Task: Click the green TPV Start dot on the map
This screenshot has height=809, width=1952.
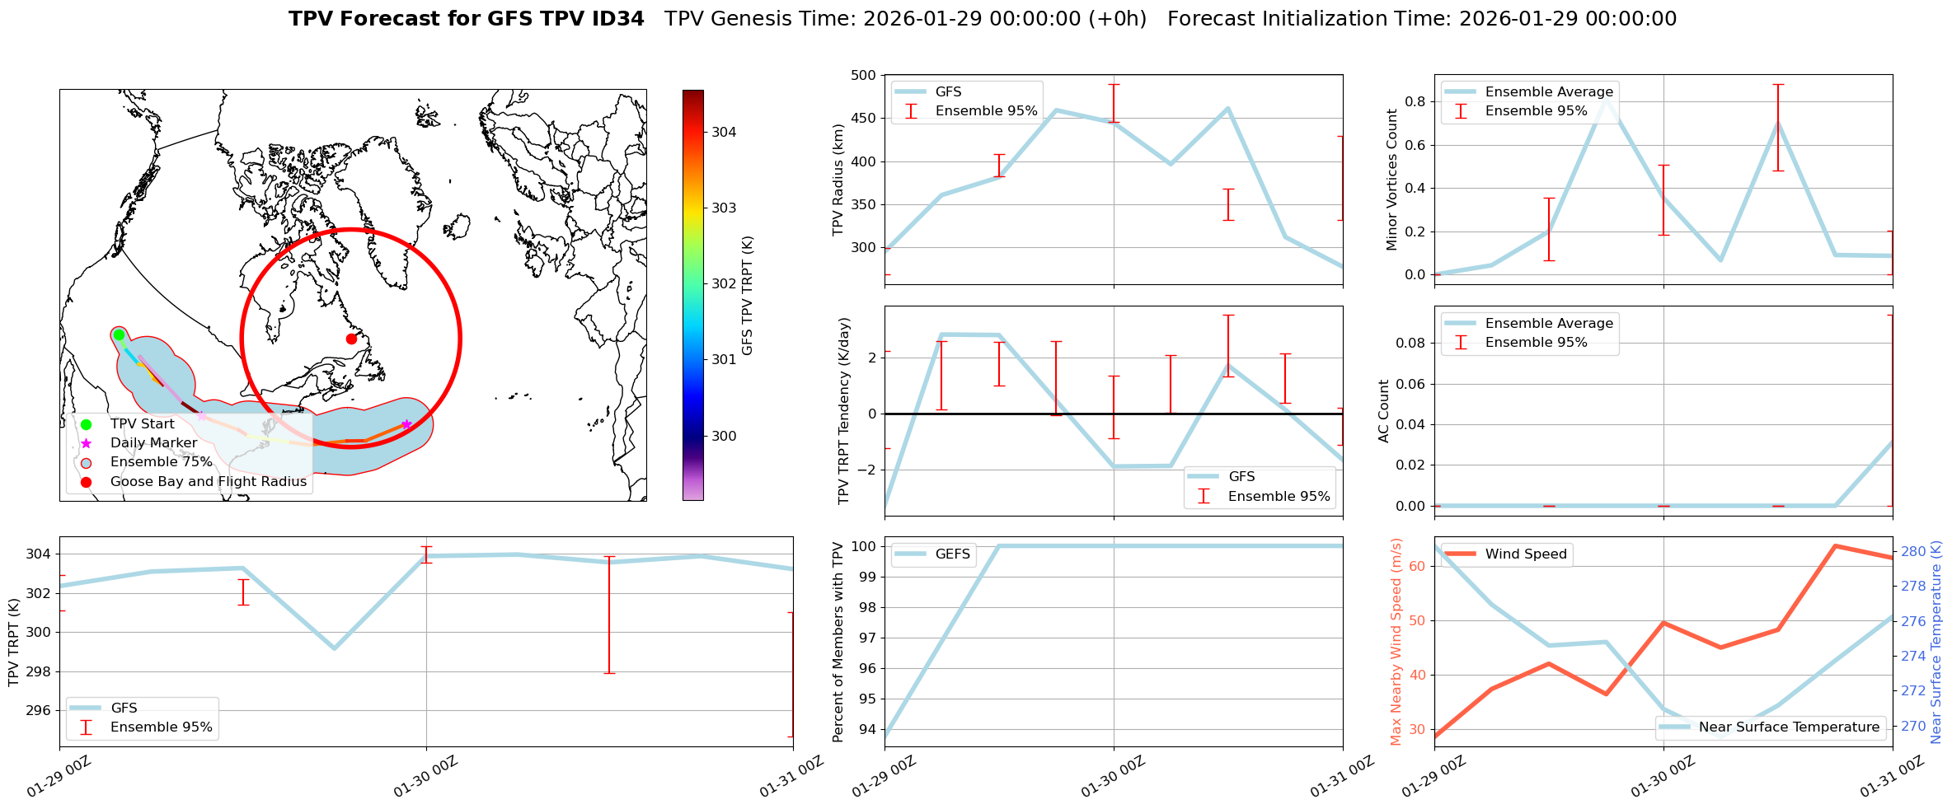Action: [x=119, y=334]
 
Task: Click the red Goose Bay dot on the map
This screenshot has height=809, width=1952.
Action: [x=351, y=339]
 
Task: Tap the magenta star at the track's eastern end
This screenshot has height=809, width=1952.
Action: [x=406, y=424]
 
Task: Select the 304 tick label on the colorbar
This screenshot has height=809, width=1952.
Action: [x=724, y=132]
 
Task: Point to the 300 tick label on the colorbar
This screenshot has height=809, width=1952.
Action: [x=724, y=436]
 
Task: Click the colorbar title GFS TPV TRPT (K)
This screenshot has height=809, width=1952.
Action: [x=748, y=296]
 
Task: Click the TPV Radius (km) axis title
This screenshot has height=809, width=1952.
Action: [x=839, y=180]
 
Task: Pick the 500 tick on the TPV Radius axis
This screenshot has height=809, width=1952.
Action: [x=864, y=76]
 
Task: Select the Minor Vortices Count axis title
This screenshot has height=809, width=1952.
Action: [x=1392, y=180]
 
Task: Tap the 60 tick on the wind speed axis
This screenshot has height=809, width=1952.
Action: [x=1418, y=566]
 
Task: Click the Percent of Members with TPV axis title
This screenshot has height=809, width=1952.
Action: [x=839, y=642]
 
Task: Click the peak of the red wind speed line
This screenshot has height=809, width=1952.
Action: [x=1835, y=545]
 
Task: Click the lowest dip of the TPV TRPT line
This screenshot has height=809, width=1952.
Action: [x=334, y=648]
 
